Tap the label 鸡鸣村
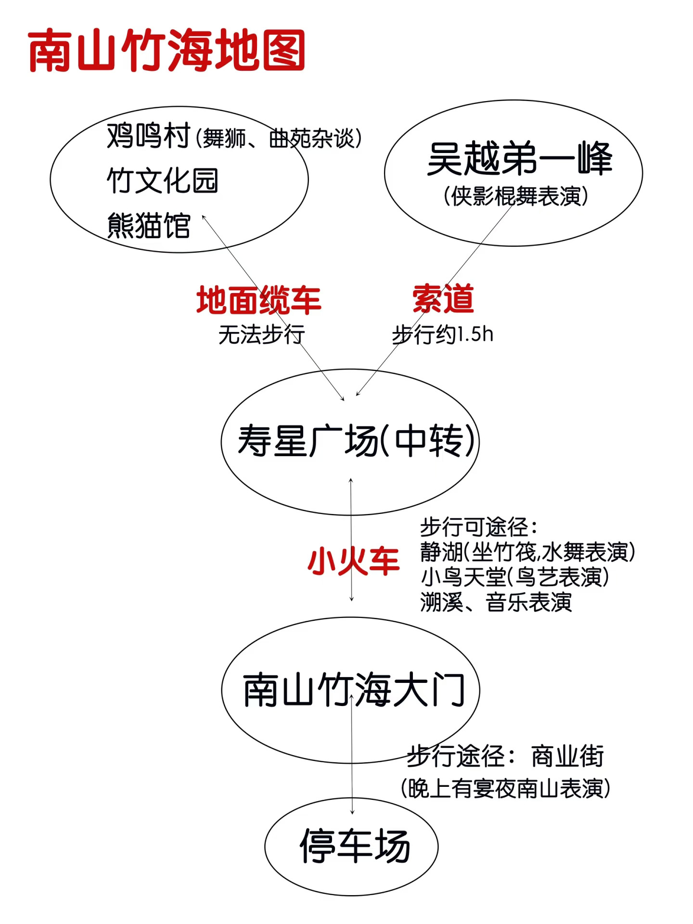(149, 137)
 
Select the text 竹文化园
(163, 181)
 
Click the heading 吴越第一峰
(519, 159)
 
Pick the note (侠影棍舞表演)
(516, 196)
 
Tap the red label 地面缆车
(258, 300)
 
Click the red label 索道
(443, 299)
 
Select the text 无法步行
(261, 334)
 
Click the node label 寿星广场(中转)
(357, 441)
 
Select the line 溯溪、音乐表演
(496, 602)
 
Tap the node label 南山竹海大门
(354, 691)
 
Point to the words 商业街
(567, 756)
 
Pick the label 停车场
(355, 847)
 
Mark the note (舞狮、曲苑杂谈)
(279, 139)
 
